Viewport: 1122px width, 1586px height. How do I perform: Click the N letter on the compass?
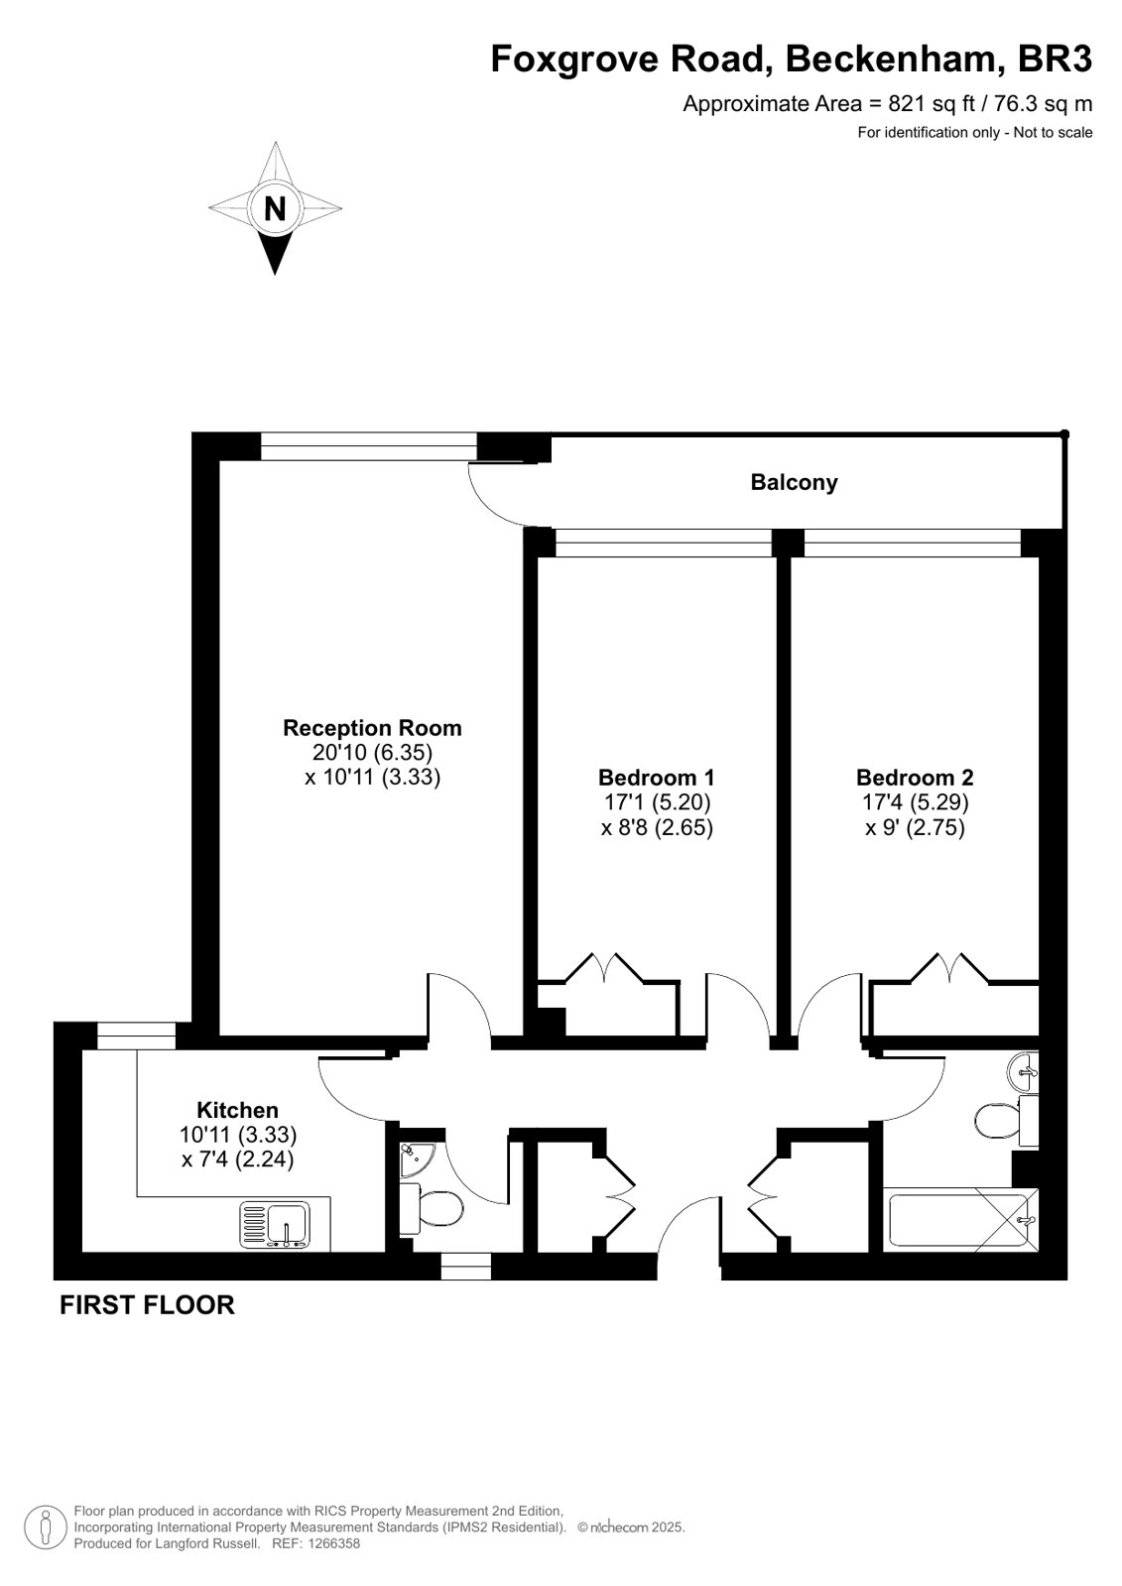[x=275, y=209]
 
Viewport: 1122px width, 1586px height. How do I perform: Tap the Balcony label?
[x=794, y=483]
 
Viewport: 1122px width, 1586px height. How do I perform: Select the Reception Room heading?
[x=373, y=728]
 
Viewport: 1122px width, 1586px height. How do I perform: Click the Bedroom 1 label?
[x=657, y=778]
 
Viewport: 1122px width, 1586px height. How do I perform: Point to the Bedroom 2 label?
[x=915, y=778]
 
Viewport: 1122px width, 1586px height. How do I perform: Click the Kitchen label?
[x=237, y=1110]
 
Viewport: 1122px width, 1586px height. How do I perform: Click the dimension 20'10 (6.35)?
[x=373, y=752]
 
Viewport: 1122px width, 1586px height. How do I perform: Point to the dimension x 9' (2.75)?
[x=915, y=827]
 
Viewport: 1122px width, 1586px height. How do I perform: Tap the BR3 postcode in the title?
[x=1055, y=59]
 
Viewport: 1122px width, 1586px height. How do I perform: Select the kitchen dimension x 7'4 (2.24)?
[x=238, y=1159]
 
